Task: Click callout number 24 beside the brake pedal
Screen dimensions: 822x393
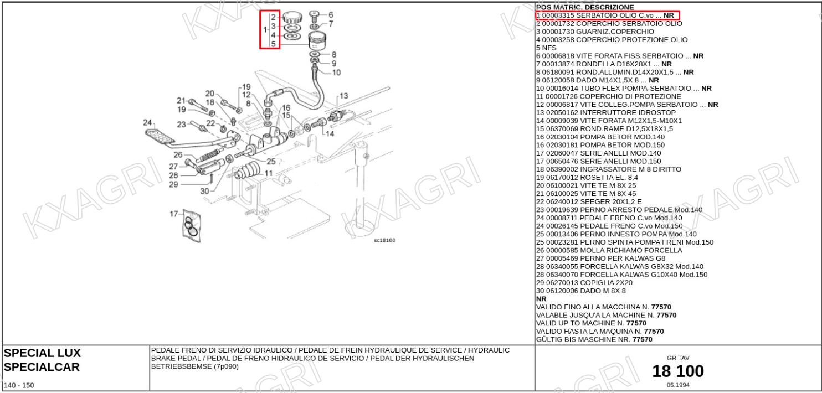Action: (147, 122)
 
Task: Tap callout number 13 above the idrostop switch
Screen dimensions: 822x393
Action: (344, 96)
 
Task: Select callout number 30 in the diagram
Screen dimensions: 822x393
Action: (204, 191)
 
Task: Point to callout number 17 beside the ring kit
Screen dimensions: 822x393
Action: (174, 214)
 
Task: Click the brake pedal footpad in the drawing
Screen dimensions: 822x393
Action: (160, 138)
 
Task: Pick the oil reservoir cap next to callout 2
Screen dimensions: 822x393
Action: (292, 17)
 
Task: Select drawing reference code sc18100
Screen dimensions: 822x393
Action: (384, 240)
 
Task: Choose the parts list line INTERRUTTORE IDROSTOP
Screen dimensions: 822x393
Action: (628, 112)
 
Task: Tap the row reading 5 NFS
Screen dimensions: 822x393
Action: (546, 48)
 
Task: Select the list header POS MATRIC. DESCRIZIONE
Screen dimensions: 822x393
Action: (585, 7)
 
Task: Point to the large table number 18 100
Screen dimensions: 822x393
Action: (678, 371)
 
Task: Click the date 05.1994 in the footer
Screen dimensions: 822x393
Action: (678, 385)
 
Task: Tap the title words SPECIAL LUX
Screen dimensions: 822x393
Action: (42, 353)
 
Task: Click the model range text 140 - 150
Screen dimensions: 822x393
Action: (19, 385)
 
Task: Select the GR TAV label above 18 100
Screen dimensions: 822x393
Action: (678, 358)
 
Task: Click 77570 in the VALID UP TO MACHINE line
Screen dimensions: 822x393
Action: (636, 323)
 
